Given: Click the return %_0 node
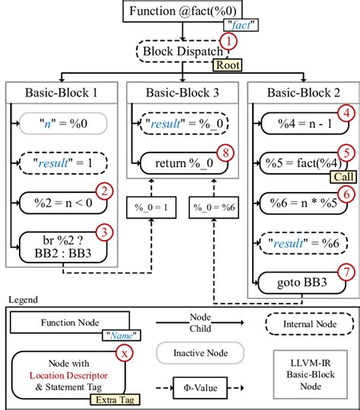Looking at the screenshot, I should (180, 161).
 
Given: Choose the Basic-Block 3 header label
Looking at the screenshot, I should (180, 93).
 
